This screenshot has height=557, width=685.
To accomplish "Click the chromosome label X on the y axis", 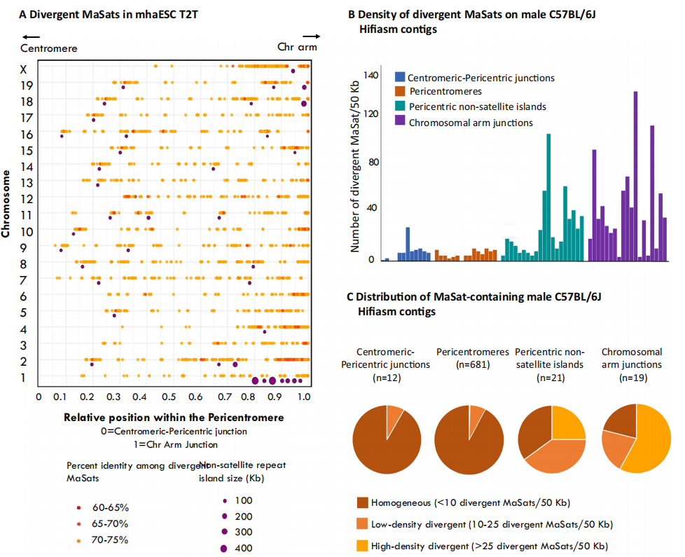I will pos(23,69).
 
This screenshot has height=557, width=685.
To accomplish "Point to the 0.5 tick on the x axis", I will pos(172,396).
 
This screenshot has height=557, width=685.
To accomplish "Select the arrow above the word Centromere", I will pos(29,36).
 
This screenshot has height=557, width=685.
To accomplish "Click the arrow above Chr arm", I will pos(311,36).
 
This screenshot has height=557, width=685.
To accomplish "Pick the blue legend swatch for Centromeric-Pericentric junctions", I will pos(399,77).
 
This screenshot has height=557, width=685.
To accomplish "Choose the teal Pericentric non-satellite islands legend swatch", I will pos(399,106).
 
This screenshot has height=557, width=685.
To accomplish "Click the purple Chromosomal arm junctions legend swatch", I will pos(399,121).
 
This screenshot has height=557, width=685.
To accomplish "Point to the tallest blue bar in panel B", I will pos(408,243).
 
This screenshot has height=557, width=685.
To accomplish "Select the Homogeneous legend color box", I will pos(363,502).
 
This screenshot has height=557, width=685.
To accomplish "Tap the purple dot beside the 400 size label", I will pos(224,548).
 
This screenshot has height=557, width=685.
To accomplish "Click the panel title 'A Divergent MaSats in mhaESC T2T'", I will pos(108,14).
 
